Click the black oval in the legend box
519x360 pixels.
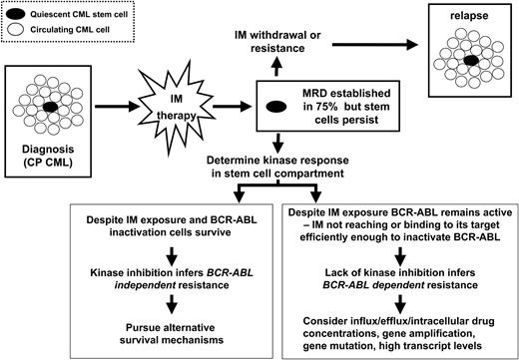pyautogui.click(x=20, y=16)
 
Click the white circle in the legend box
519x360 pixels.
pyautogui.click(x=20, y=30)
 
